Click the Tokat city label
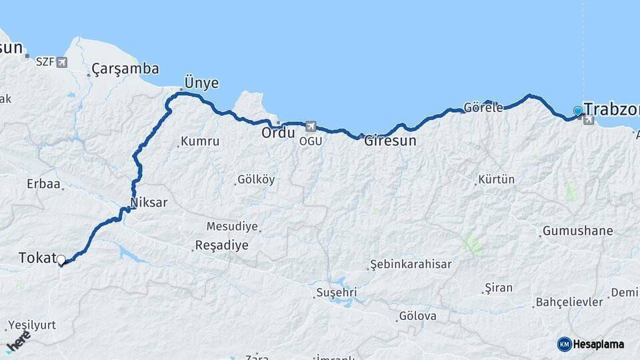click(x=36, y=258)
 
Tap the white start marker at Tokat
click(x=61, y=260)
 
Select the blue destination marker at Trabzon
click(x=577, y=111)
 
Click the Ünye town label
click(x=201, y=83)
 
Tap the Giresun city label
click(x=390, y=141)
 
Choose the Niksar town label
click(x=149, y=202)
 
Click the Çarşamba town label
click(x=125, y=69)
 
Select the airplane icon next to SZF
click(x=63, y=62)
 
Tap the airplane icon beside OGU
click(x=310, y=125)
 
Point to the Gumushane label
click(x=577, y=231)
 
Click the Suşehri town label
click(x=337, y=293)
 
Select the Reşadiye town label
click(x=221, y=245)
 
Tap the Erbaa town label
click(x=43, y=183)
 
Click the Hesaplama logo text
click(x=600, y=345)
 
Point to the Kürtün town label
click(x=497, y=180)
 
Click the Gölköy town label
click(x=256, y=180)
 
